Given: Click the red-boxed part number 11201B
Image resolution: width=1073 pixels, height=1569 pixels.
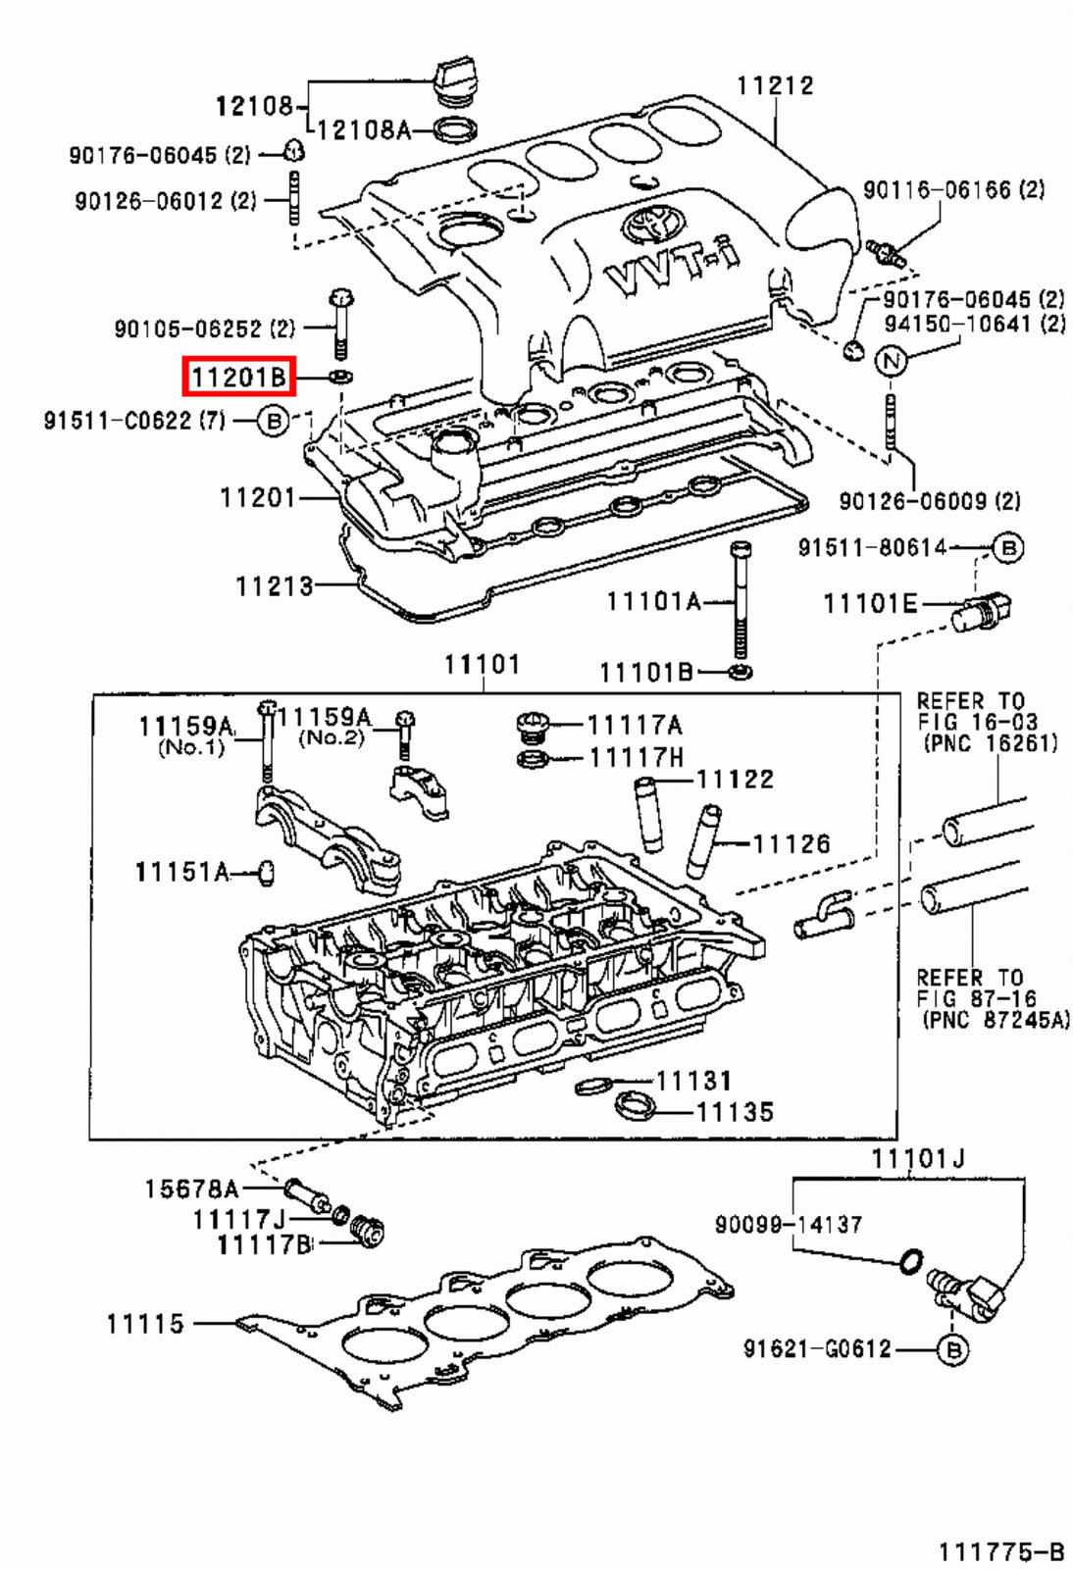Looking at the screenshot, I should pos(238,377).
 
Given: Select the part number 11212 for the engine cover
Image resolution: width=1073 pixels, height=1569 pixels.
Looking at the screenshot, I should pos(775,85).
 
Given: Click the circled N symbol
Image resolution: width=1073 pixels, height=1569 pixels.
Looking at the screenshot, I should pos(891,361).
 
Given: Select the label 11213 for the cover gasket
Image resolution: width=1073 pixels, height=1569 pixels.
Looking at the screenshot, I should pos(274,586).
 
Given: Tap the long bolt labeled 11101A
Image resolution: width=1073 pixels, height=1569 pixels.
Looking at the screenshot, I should pos(741,598).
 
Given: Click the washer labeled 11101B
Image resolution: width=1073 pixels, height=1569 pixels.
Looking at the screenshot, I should pos(742,673).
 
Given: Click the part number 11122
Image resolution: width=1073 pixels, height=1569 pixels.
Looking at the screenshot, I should pos(735,779).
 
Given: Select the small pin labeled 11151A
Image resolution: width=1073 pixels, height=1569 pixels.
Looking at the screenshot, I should pos(265,872).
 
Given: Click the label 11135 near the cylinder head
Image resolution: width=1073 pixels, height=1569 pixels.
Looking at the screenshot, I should pos(735,1112).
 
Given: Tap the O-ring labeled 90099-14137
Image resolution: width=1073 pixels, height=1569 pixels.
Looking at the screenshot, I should pos(910,1260).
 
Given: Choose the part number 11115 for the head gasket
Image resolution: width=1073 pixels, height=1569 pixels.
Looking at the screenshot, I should pos(145,1324).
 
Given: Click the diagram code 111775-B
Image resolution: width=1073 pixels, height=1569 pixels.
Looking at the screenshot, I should pos(1000,1551).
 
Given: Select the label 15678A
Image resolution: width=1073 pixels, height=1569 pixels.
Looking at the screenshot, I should pos(191,1189).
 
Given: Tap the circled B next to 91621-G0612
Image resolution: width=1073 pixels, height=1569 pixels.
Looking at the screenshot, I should pos(952,1349).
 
